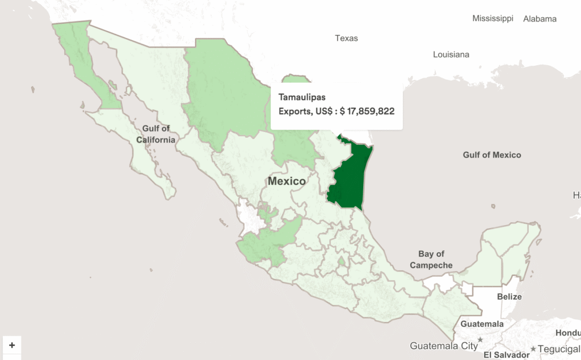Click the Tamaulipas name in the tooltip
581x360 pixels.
tap(302, 98)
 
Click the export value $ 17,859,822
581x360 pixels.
tap(367, 111)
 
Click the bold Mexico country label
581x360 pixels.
tap(287, 181)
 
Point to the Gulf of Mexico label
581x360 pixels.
tap(491, 155)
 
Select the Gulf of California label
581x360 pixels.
tap(155, 134)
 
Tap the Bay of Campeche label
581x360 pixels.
tap(431, 260)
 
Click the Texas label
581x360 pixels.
tap(346, 39)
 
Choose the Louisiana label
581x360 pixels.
tap(451, 55)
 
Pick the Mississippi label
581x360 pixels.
tap(492, 19)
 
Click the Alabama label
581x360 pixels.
tap(540, 19)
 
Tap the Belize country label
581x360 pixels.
tap(509, 297)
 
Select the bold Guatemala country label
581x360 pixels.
tap(482, 324)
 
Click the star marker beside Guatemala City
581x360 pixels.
tap(480, 340)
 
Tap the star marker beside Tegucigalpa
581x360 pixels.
tap(533, 348)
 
